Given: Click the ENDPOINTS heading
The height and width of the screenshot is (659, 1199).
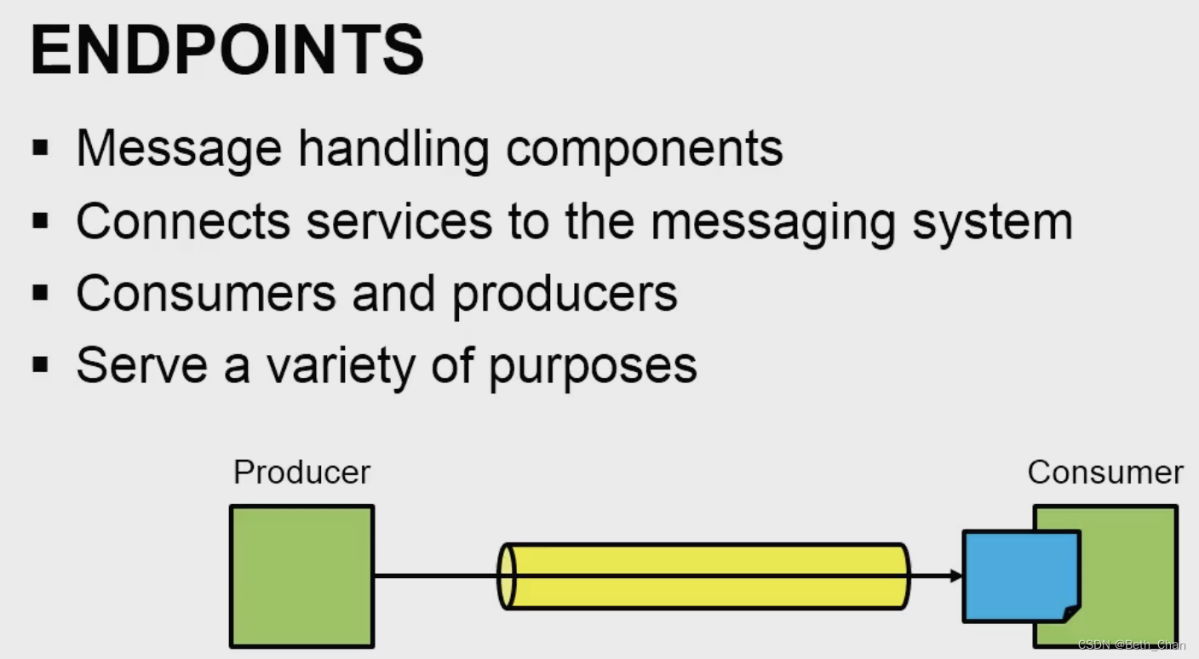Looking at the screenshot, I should pyautogui.click(x=227, y=51).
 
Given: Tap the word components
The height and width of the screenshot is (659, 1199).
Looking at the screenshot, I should pyautogui.click(x=645, y=148).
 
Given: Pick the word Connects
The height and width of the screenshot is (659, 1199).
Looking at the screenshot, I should pyautogui.click(x=183, y=221).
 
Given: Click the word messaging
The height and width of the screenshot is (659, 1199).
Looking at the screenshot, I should pyautogui.click(x=773, y=221).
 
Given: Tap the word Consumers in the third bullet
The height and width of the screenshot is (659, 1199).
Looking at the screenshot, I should pyautogui.click(x=206, y=293).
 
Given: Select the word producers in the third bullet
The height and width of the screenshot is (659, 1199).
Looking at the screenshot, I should pyautogui.click(x=565, y=293).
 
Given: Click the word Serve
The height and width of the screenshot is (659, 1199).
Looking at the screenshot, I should pyautogui.click(x=141, y=365).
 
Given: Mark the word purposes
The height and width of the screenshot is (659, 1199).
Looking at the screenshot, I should pyautogui.click(x=593, y=365).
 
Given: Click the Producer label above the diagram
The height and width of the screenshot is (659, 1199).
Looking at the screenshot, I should pyautogui.click(x=301, y=472).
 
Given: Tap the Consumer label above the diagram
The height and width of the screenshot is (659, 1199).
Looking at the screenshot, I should pyautogui.click(x=1105, y=472).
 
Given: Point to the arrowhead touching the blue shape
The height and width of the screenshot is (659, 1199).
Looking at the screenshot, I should pyautogui.click(x=956, y=576).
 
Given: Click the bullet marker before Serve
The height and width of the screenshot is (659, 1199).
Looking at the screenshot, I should pyautogui.click(x=40, y=365).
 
